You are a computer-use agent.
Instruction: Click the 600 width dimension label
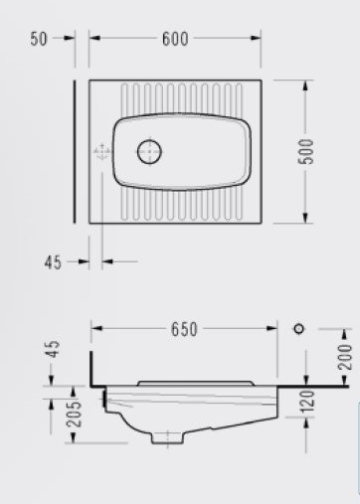(x=175, y=39)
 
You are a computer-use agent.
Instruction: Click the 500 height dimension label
(x=305, y=151)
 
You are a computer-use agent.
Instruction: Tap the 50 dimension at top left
(x=39, y=39)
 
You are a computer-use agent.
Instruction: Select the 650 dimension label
(x=184, y=329)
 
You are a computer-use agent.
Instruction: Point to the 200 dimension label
(x=345, y=357)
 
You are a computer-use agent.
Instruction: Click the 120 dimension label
(x=306, y=402)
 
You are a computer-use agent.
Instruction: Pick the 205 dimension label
(x=74, y=414)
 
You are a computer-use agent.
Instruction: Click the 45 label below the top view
(x=53, y=262)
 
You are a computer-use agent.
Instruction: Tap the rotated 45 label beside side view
(x=53, y=349)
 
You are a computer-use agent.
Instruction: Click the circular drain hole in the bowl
(x=149, y=151)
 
